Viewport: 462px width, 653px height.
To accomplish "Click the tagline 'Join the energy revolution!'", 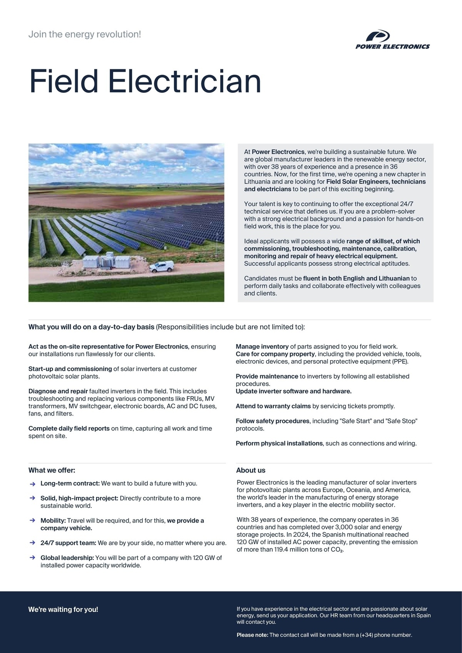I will tap(85, 34).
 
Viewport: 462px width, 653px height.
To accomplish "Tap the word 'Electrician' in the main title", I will tap(184, 81).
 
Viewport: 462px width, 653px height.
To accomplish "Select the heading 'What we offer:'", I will tap(52, 470).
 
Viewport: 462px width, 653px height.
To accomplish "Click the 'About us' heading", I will tap(251, 470).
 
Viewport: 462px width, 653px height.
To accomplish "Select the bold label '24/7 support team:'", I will tap(68, 543).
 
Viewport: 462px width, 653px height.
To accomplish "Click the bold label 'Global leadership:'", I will tap(67, 558).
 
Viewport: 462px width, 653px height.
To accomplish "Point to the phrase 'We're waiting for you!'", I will tap(63, 610).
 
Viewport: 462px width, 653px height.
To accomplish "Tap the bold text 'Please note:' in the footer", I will tap(252, 635).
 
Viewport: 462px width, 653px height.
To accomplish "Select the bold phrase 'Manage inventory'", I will tap(262, 346).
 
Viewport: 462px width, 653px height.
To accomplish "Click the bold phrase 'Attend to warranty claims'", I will tap(273, 406).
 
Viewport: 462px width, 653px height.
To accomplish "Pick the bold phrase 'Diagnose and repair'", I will tap(58, 391).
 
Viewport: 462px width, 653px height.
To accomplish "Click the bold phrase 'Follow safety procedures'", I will tap(273, 421).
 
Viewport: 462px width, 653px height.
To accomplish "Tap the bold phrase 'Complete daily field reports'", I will tap(69, 428).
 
